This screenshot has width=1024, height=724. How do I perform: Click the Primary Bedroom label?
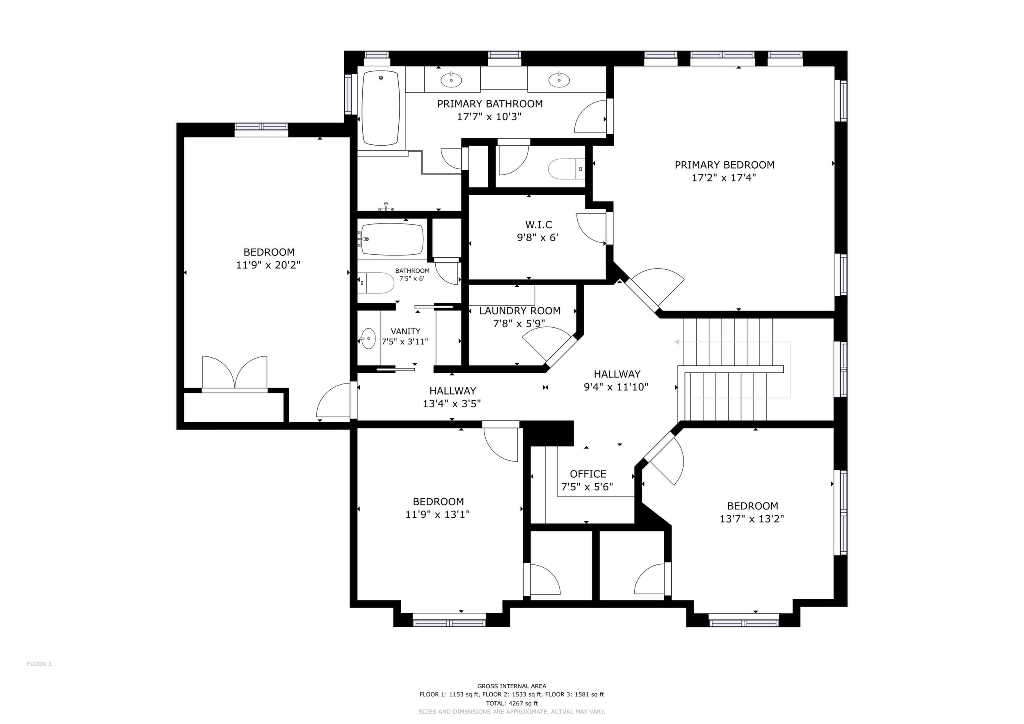[724, 165]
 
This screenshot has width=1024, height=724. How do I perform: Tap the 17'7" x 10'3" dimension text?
[489, 117]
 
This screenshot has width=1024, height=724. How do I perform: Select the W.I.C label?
[538, 225]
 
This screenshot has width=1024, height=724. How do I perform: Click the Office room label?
[588, 474]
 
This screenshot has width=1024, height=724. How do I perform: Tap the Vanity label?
[405, 331]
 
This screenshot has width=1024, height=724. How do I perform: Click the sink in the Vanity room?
[368, 339]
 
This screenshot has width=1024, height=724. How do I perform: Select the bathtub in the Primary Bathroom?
[380, 108]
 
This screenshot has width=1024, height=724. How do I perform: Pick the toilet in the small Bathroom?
[376, 283]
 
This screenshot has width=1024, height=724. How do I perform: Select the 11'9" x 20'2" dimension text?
[268, 265]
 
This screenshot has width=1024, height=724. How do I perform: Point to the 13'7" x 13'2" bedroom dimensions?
[752, 519]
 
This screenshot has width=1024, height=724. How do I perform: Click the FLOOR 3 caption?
[39, 676]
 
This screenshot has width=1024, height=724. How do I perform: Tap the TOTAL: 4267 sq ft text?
[512, 703]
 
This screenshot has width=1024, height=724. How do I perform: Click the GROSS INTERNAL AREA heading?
[512, 686]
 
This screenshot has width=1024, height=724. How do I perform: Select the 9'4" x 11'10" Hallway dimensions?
[616, 387]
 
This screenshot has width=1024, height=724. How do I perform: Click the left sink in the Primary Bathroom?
[451, 80]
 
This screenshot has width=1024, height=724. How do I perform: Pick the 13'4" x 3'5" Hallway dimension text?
[452, 404]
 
